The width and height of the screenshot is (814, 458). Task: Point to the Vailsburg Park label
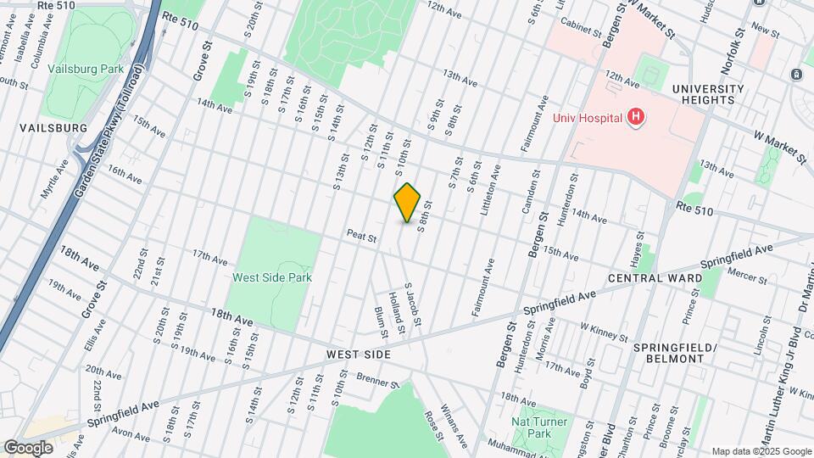click(x=86, y=69)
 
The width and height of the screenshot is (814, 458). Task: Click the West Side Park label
click(x=273, y=276)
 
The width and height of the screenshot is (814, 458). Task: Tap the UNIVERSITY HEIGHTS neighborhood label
click(x=708, y=94)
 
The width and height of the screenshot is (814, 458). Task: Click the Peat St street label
click(x=361, y=237)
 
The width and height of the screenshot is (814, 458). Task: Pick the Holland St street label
click(x=394, y=311)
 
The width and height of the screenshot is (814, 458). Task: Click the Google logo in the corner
click(x=28, y=447)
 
